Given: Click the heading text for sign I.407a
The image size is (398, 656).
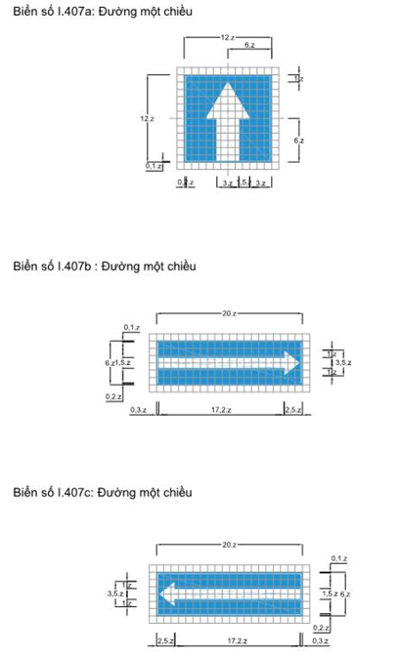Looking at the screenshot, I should [x=103, y=10].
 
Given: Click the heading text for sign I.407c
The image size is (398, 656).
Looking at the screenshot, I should [x=104, y=490].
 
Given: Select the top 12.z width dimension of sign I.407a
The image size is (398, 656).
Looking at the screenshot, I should [x=227, y=36].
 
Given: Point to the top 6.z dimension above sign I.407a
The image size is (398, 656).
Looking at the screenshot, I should [x=250, y=46].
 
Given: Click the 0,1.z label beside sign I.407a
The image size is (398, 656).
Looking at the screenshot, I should [x=154, y=167].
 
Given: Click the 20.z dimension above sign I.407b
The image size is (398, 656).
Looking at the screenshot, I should [x=228, y=313].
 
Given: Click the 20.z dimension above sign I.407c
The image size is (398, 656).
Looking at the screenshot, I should [x=228, y=543].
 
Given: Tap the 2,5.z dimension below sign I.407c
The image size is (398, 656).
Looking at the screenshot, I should [x=165, y=640].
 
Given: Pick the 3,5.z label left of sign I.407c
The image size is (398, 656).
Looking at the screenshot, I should [x=113, y=593].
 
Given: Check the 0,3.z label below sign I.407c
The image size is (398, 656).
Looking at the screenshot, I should [x=319, y=640].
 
